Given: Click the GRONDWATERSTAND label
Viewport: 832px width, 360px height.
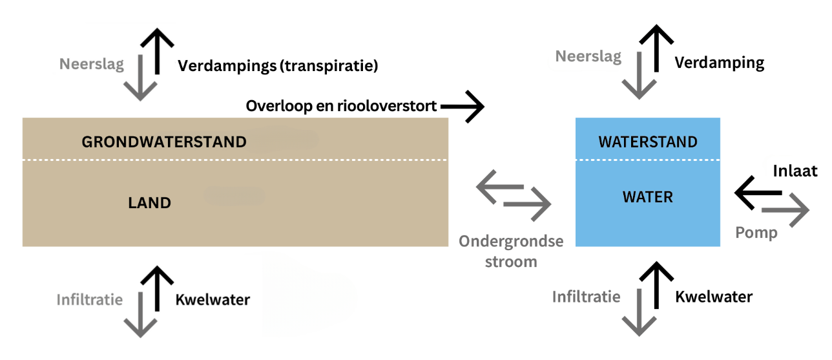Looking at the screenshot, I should (x=164, y=142).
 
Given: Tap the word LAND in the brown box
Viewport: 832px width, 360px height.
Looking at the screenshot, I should (x=149, y=203).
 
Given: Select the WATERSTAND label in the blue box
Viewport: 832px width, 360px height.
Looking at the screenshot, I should (x=648, y=142).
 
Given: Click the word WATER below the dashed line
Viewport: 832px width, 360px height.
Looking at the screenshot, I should (x=648, y=197).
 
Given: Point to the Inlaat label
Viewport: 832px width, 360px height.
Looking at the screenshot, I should (x=796, y=171).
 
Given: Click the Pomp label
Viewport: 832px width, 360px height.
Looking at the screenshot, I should (x=756, y=233).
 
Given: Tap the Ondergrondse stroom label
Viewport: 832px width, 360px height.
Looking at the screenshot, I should (x=511, y=251).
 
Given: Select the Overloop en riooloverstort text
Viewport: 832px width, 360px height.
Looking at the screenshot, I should (x=342, y=106).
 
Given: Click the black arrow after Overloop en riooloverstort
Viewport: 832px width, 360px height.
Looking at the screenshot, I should (x=463, y=107).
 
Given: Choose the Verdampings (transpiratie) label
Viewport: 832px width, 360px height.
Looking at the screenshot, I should (x=278, y=65).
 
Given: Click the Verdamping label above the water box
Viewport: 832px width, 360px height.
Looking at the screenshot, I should (x=720, y=63).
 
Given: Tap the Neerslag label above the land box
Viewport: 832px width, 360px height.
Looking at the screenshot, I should (x=92, y=64).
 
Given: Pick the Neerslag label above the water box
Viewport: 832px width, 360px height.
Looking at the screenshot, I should (x=588, y=56).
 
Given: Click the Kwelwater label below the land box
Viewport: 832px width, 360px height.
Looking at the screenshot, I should (x=213, y=300).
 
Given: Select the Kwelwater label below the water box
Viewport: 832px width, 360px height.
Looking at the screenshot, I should (x=714, y=297).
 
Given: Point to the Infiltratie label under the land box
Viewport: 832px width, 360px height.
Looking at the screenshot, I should (x=89, y=300).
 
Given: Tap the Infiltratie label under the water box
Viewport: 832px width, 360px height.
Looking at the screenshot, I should (x=586, y=297).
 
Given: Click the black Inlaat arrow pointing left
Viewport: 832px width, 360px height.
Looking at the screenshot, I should (x=757, y=192).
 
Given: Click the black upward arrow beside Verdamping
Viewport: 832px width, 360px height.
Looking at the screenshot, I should (x=657, y=48).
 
